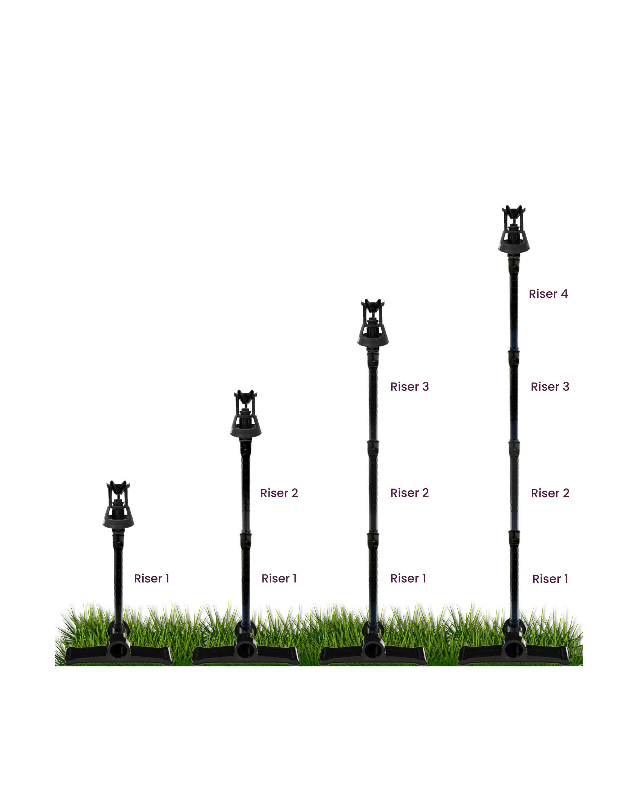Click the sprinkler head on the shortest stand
point(118,505)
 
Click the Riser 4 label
point(548,294)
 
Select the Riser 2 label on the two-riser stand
point(280,493)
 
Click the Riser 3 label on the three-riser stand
point(409,387)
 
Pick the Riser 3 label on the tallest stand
point(550,387)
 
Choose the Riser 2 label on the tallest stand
point(550,493)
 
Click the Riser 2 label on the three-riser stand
point(409,493)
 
